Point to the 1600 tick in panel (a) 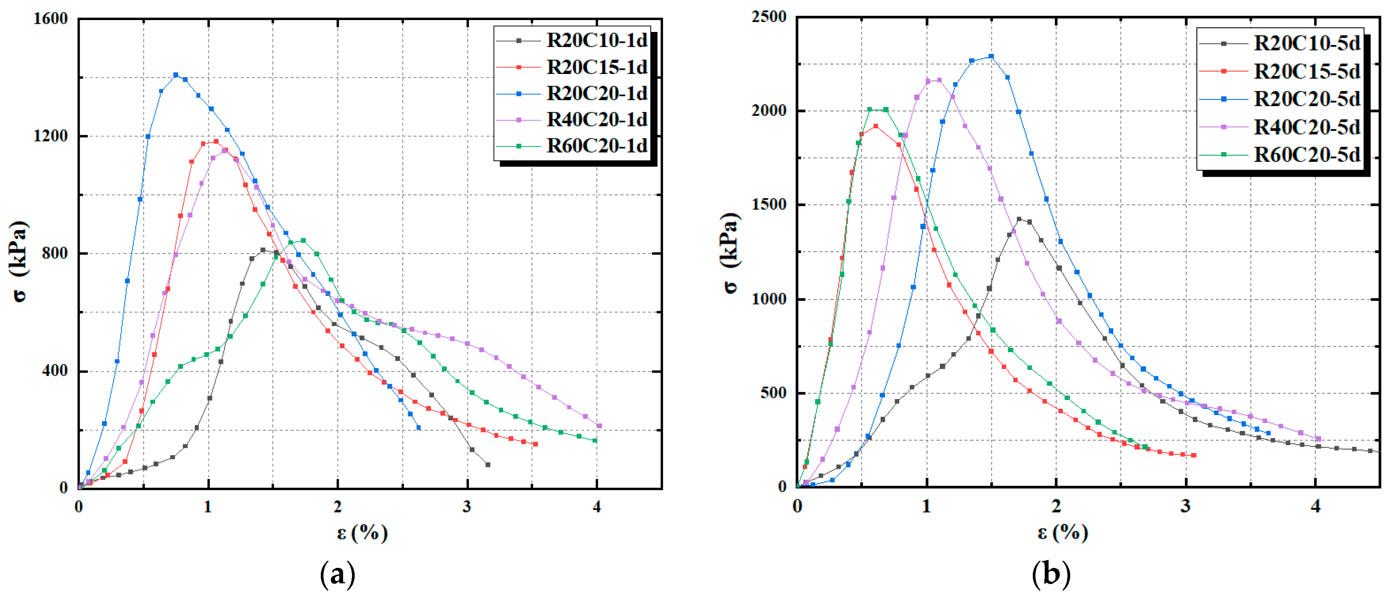pos(50,19)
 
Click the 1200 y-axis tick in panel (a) pos(50,136)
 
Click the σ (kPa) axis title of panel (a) pos(20,262)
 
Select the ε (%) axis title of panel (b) pos(1062,533)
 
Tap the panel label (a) pos(338,574)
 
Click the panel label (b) pos(1051,574)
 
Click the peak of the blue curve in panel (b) pos(991,56)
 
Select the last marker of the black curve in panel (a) pos(488,465)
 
